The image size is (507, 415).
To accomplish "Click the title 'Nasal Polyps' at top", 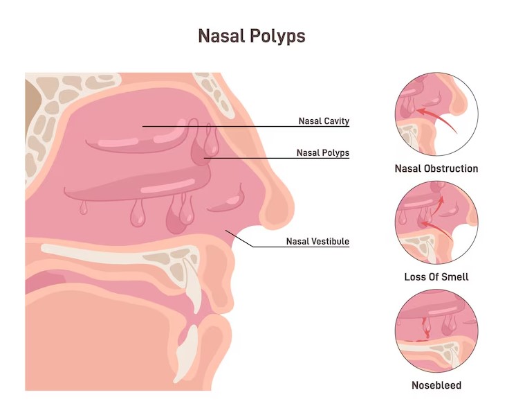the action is [252, 36].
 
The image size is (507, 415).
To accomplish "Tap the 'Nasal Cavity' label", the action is [324, 121].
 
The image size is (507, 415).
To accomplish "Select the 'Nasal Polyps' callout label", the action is [323, 153].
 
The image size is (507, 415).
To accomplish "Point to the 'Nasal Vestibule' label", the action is [317, 241].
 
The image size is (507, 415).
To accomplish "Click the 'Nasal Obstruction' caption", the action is [436, 168].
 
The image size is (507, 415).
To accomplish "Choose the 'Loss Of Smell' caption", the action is [436, 277].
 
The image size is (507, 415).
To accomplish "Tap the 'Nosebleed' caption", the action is [436, 385].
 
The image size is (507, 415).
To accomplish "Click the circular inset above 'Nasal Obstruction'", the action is [436, 114].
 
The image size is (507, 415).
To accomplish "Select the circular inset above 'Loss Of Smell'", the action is [436, 222].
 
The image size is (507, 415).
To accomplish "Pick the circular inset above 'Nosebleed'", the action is [436, 330].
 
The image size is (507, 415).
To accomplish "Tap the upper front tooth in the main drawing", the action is [193, 287].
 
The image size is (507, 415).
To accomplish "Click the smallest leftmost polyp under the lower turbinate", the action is [84, 208].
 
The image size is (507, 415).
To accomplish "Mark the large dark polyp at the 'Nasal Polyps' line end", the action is [200, 152].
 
